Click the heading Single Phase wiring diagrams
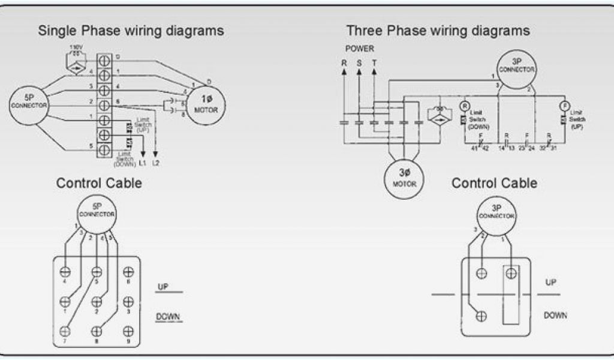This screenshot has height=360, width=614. pos(131,30)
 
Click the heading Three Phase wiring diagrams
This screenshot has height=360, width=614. pos(438,30)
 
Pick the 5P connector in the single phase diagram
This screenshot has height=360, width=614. pos(28,103)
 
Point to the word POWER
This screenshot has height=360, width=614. pos(359,48)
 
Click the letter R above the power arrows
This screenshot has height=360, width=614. pos(344,62)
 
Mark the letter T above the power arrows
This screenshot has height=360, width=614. pos(375,62)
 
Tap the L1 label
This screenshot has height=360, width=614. pos(143,163)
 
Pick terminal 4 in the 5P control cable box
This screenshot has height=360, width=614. pos(65,272)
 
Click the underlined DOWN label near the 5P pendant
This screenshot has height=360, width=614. pos(168,316)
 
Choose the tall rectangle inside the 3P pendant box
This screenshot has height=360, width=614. pos(511,295)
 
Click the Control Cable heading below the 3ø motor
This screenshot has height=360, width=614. pos(494,182)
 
